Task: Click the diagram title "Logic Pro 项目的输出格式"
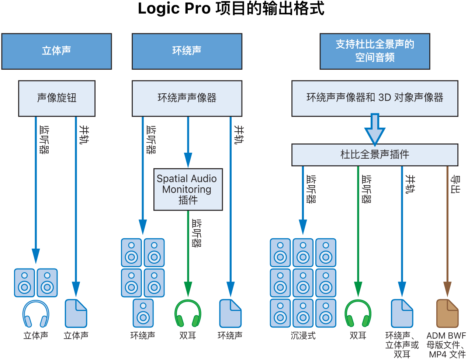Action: coord(231,9)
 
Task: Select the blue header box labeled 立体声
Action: coord(56,51)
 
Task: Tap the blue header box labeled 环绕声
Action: coord(187,51)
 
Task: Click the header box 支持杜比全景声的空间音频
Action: coord(375,51)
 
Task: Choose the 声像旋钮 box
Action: coord(57,98)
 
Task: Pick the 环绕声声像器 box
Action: coord(187,98)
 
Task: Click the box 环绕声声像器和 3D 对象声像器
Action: coord(375,98)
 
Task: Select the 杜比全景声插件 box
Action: coord(375,155)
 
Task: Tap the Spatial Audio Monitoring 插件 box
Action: coord(188,190)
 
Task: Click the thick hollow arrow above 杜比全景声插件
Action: coord(375,129)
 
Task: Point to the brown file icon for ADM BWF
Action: coord(447,314)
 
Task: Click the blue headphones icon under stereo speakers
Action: coord(36,314)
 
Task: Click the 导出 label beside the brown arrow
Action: coord(455,184)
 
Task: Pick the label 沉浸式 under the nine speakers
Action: coord(303,336)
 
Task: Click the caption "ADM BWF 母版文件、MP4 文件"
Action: coord(446,345)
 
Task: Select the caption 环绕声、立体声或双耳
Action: coord(402,345)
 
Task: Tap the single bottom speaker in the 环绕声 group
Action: coord(143,313)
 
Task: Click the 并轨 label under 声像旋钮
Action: coord(84,135)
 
